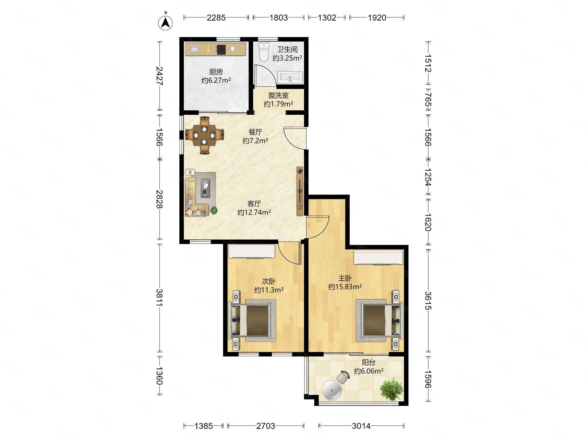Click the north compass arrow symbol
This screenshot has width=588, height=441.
point(165,23)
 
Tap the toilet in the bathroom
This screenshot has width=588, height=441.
point(264,52)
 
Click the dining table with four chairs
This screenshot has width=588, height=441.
point(204,135)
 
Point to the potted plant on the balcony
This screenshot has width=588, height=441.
point(392,389)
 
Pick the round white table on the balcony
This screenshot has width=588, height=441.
point(332,390)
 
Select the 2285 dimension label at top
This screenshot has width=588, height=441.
point(216,18)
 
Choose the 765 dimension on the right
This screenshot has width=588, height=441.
point(428,99)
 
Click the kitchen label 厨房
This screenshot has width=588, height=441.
point(216,72)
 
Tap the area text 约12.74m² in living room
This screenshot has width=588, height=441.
point(254,212)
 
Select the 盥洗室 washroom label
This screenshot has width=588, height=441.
point(278,95)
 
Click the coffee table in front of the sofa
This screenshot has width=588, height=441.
point(205,188)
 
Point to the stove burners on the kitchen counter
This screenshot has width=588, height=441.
point(221,49)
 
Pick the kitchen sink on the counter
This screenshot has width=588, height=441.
point(194,49)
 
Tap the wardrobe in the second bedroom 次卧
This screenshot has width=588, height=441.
point(252,251)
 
